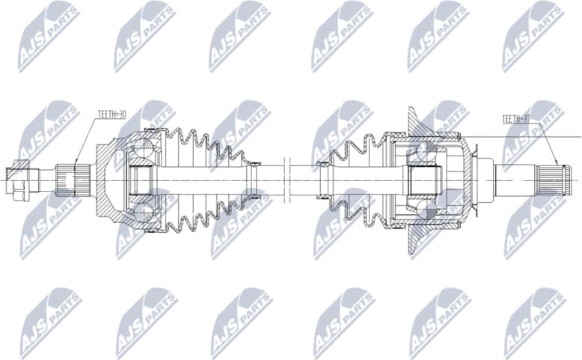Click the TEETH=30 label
click(x=111, y=115)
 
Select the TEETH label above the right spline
click(x=516, y=118)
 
